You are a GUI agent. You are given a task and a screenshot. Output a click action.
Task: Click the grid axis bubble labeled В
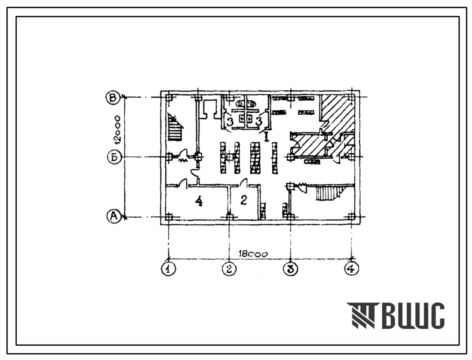click(113, 98)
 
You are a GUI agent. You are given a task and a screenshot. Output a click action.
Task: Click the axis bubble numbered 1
click(168, 268)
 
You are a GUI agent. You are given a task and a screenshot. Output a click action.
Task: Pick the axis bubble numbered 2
click(230, 268)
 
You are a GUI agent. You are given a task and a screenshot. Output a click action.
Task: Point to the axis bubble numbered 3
click(291, 268)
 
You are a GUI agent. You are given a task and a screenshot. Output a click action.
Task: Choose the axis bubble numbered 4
click(351, 268)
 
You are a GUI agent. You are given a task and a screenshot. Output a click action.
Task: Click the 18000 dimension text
click(253, 254)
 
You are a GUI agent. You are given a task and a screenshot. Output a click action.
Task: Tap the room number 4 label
click(198, 201)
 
